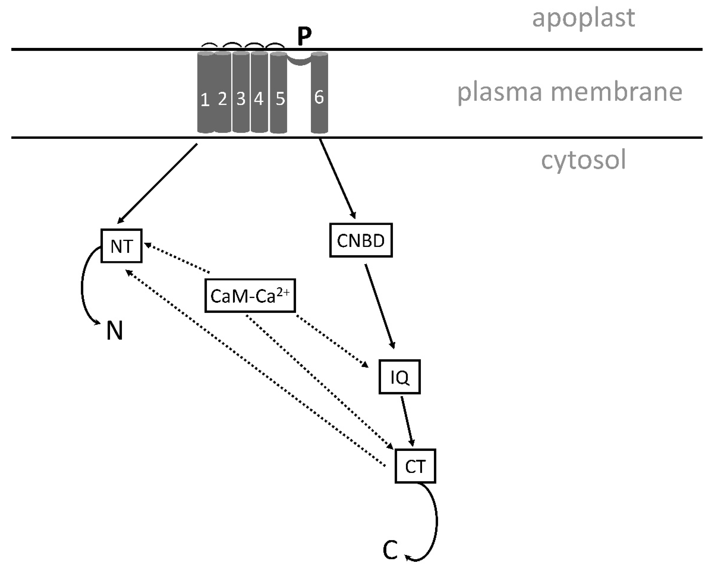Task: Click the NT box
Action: click(x=121, y=246)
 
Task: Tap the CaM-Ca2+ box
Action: click(x=250, y=295)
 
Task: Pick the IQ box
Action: click(x=400, y=377)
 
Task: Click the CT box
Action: click(x=415, y=466)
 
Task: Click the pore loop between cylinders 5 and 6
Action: click(x=299, y=62)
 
